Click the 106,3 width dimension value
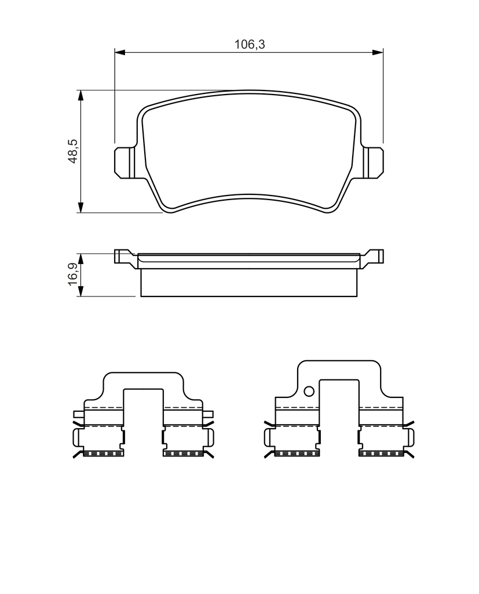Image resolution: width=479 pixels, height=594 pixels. pos(250,44)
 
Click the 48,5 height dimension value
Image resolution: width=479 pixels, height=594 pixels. pos(72,151)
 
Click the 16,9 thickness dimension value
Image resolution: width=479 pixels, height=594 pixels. pos(72,274)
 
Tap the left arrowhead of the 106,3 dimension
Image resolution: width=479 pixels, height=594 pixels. pos(119,52)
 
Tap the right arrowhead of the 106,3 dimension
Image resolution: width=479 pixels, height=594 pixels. pos(378,52)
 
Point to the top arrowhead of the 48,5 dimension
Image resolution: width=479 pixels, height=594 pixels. pos(80,96)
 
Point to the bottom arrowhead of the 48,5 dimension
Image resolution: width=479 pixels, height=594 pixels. pos(80,208)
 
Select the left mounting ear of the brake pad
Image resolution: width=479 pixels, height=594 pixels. pos(125,163)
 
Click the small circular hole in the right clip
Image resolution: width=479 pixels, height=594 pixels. pos(309,391)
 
